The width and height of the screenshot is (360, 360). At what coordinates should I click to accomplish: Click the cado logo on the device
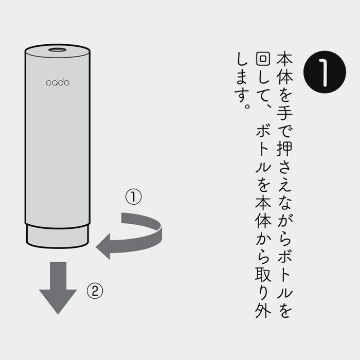click(x=57, y=82)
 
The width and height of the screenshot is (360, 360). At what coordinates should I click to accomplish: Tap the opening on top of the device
click(x=57, y=50)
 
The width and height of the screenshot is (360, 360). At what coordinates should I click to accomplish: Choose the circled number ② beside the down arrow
click(x=95, y=292)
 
